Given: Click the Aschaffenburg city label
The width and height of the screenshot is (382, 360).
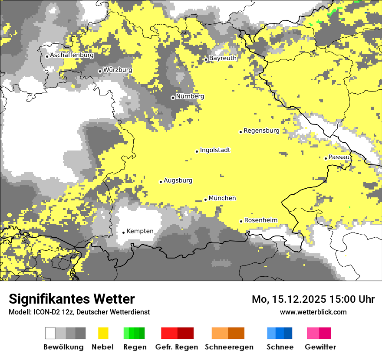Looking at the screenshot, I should [x=72, y=56].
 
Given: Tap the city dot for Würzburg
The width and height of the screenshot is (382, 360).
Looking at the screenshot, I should [x=100, y=71].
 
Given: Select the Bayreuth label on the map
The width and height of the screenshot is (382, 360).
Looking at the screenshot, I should [x=223, y=58].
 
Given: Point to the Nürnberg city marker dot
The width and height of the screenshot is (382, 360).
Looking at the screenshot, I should [x=173, y=98].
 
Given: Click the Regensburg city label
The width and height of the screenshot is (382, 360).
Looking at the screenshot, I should [x=261, y=131].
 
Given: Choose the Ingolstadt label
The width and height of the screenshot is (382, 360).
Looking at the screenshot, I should [x=215, y=151].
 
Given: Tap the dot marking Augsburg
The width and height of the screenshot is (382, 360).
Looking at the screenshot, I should [x=161, y=182].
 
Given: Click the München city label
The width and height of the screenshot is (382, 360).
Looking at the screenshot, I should [x=222, y=198].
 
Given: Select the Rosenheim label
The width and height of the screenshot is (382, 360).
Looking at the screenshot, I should [x=260, y=220].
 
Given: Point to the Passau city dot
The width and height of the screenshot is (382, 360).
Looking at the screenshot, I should [x=326, y=158].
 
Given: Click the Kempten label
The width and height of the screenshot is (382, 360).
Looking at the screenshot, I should [x=140, y=231].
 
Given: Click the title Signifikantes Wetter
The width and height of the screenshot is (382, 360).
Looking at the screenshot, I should [x=72, y=299].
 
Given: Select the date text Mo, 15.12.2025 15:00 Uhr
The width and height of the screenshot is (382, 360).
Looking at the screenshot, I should [x=313, y=299].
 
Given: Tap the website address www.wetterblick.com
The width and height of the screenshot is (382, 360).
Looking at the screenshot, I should [x=313, y=312].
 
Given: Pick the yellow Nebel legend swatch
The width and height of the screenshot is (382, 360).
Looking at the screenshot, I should [x=103, y=333].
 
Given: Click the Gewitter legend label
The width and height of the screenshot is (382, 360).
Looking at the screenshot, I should [x=320, y=347].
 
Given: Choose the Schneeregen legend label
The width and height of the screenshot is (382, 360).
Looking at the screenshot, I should [x=229, y=347].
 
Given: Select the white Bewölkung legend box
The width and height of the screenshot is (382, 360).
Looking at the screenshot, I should [x=50, y=333].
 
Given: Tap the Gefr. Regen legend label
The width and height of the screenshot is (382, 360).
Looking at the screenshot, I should [x=176, y=347].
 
